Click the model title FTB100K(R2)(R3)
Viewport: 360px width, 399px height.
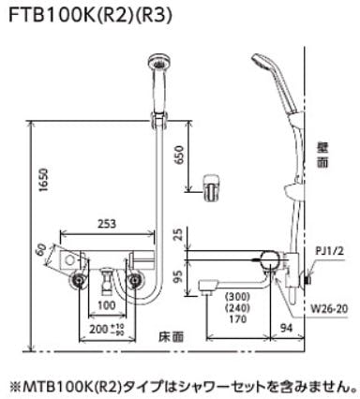90,16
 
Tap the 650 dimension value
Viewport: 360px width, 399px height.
180,155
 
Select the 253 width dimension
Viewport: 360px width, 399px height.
107,224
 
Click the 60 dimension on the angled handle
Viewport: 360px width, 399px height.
42,249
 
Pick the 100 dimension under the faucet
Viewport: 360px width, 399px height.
107,304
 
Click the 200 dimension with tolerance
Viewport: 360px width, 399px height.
107,329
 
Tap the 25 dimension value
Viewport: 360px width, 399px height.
179,234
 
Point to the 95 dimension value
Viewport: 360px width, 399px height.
179,276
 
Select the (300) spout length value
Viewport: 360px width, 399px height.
238,296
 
